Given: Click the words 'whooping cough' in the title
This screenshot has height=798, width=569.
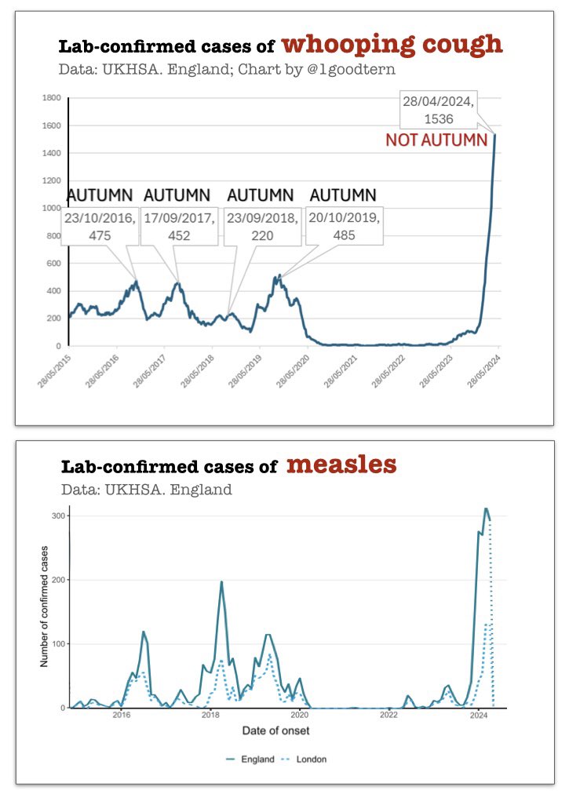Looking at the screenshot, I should pyautogui.click(x=392, y=44).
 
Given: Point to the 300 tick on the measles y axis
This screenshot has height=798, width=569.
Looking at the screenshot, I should pyautogui.click(x=56, y=516).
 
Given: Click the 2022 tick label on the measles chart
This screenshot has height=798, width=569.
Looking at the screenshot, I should pyautogui.click(x=388, y=715).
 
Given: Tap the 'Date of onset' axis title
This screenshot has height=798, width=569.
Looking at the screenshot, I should pyautogui.click(x=286, y=731).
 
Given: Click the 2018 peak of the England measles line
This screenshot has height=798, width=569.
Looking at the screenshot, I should pyautogui.click(x=221, y=582).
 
